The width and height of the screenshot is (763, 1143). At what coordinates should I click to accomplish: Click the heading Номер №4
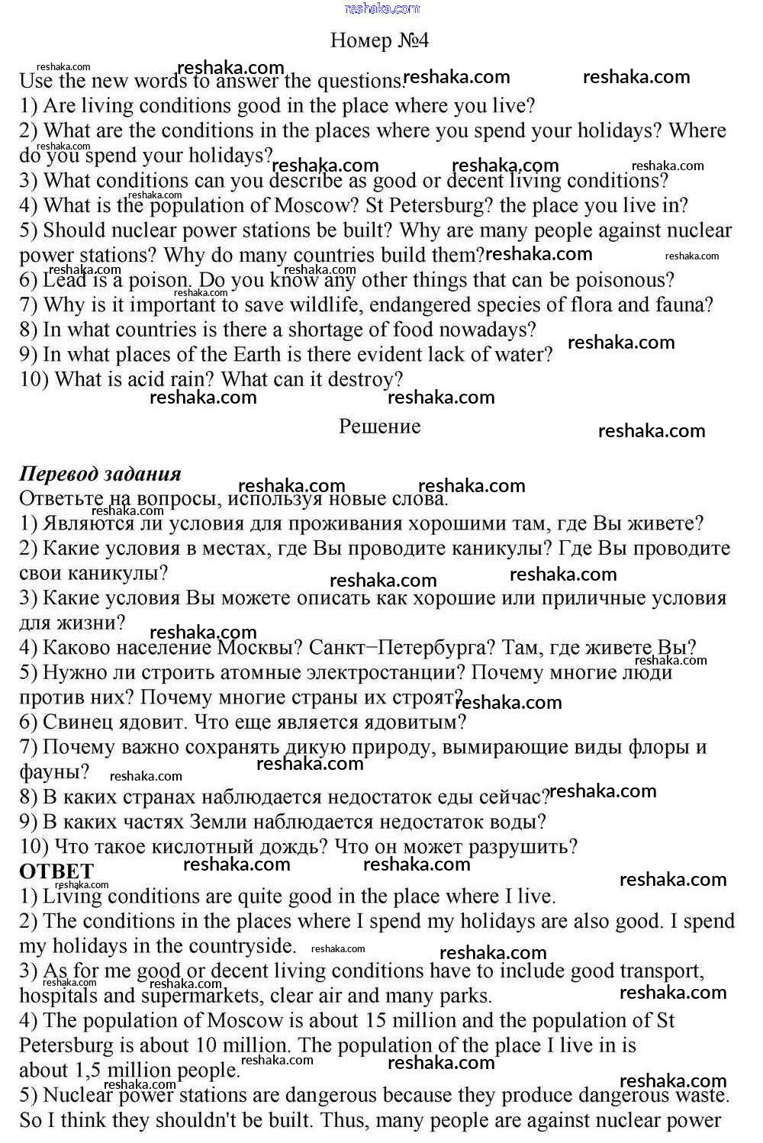(379, 40)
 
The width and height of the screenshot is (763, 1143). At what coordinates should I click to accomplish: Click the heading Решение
(379, 426)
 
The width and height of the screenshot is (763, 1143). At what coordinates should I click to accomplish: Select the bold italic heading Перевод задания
(100, 474)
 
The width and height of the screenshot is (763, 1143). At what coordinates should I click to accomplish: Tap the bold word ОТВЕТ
(56, 871)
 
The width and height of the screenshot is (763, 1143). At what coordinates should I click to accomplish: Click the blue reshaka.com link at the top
(381, 8)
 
